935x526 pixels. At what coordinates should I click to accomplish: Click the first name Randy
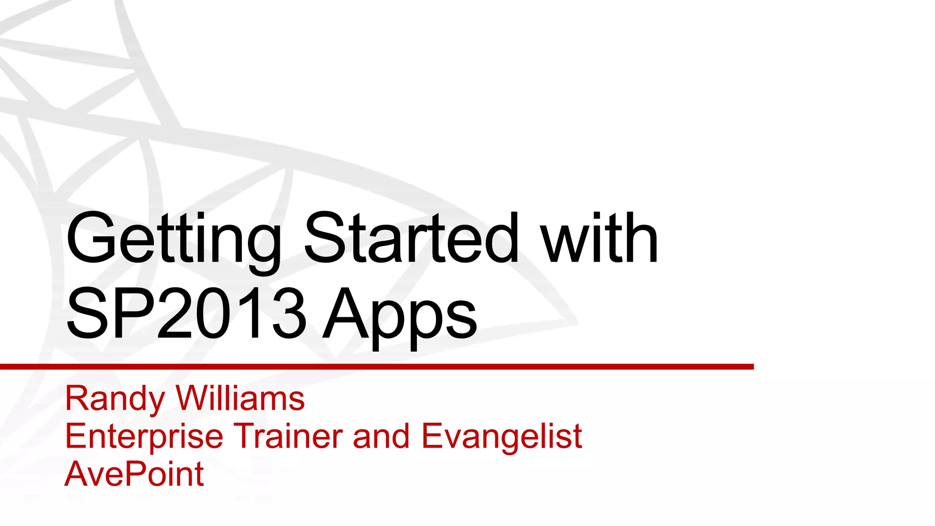115,399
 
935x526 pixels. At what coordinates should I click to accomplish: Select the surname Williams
240,398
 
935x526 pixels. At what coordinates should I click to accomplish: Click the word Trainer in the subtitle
288,436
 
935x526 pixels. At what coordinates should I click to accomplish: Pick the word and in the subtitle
381,436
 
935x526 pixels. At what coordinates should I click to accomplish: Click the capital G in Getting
89,239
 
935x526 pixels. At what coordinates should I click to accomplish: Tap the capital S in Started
325,239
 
